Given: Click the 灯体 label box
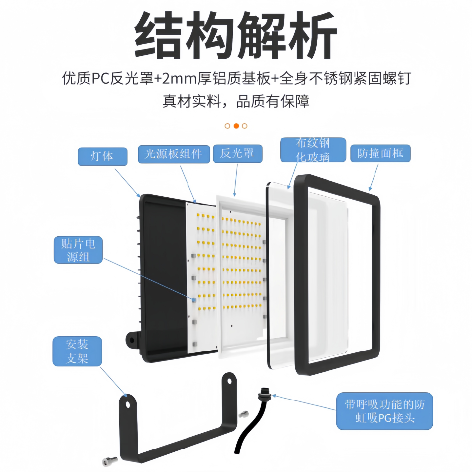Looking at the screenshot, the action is point(102,156).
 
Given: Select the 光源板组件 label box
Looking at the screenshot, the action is point(174,154).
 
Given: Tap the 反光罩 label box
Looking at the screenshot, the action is point(237,153).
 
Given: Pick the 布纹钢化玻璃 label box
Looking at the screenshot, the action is point(313,150).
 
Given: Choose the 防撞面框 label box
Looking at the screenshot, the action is point(380,153).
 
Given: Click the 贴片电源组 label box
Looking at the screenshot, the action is point(78,250).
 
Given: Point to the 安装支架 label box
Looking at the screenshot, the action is point(77,351).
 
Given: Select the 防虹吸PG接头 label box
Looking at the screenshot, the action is point(384,411).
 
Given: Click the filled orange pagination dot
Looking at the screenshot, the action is point(236,126).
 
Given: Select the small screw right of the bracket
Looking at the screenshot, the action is point(243,414).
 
